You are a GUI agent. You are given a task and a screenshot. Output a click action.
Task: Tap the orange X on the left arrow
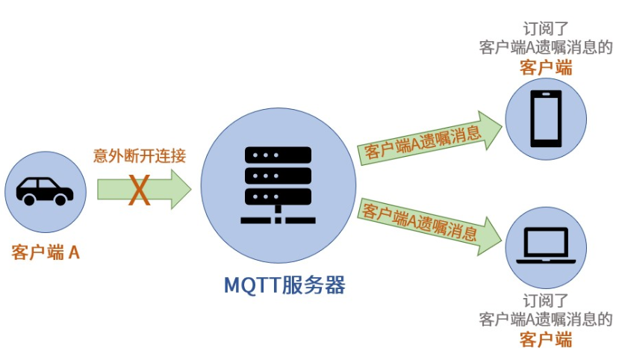coord(140,190)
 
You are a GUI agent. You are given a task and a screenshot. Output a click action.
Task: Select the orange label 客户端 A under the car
coord(46,252)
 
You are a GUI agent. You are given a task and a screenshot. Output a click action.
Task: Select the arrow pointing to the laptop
coord(429,222)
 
